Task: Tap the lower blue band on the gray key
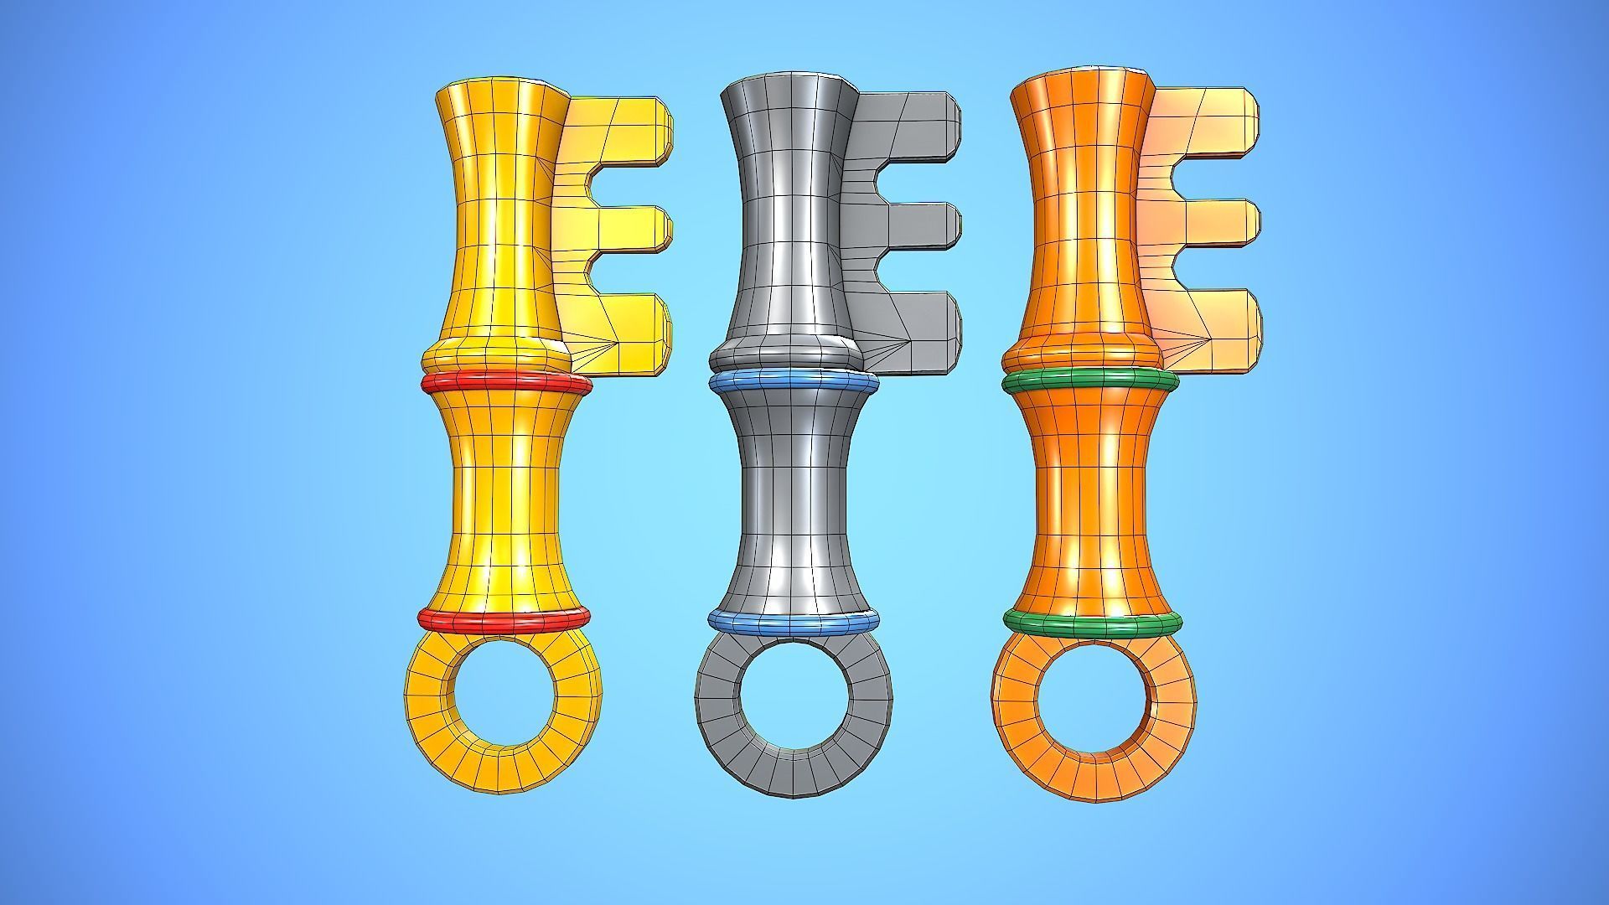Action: click(x=794, y=622)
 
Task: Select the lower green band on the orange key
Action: click(x=1092, y=623)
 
